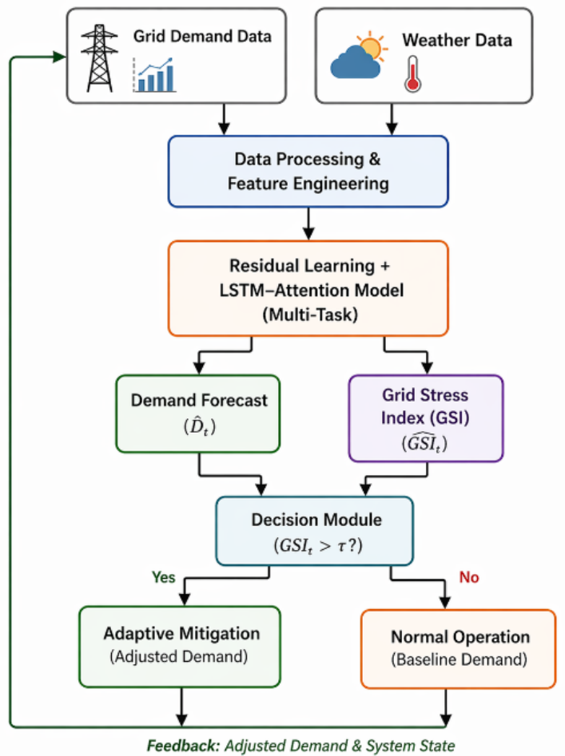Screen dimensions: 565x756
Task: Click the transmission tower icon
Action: pyautogui.click(x=99, y=58)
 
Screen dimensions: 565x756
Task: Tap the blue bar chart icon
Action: pyautogui.click(x=154, y=75)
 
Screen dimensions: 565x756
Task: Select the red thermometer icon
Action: pyautogui.click(x=412, y=73)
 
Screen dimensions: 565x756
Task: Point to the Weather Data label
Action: pyautogui.click(x=457, y=40)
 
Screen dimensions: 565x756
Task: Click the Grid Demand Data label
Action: pyautogui.click(x=202, y=36)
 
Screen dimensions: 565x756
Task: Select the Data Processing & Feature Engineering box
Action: pyautogui.click(x=308, y=172)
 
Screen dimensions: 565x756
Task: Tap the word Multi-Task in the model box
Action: pyautogui.click(x=310, y=315)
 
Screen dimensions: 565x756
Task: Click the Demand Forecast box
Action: pyautogui.click(x=198, y=414)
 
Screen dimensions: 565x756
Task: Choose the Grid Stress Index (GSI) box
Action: pyautogui.click(x=426, y=418)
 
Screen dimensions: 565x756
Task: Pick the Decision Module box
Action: pyautogui.click(x=315, y=531)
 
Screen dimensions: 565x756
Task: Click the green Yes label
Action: pyautogui.click(x=164, y=577)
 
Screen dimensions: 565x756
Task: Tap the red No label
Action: pyautogui.click(x=469, y=577)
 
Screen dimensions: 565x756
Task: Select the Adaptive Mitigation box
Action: pyautogui.click(x=180, y=647)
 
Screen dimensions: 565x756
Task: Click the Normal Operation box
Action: pyautogui.click(x=459, y=649)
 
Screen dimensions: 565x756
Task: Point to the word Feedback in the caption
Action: pyautogui.click(x=183, y=746)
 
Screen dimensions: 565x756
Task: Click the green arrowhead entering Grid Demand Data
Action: pyautogui.click(x=60, y=57)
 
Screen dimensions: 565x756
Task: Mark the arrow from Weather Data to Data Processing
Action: pyautogui.click(x=392, y=119)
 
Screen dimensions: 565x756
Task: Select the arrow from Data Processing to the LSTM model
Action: pyautogui.click(x=308, y=224)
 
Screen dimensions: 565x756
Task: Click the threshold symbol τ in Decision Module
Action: pyautogui.click(x=341, y=546)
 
